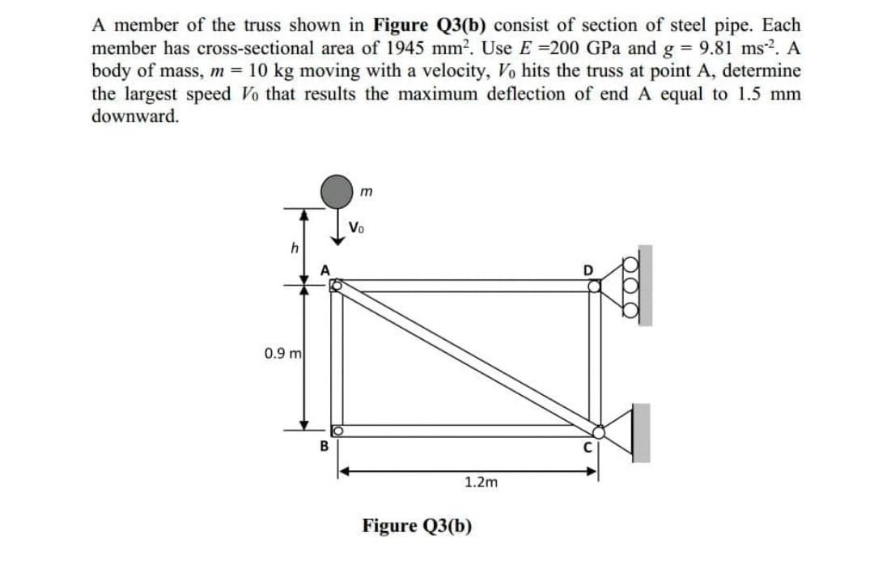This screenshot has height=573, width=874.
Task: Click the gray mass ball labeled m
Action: click(x=335, y=190)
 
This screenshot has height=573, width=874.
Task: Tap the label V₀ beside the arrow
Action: click(x=357, y=227)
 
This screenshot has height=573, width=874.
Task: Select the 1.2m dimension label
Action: click(x=481, y=482)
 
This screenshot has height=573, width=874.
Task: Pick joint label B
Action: click(x=325, y=444)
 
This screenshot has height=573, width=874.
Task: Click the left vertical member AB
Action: click(x=336, y=357)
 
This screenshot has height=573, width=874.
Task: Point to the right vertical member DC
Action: click(x=596, y=357)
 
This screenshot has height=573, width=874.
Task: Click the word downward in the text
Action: click(x=135, y=115)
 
